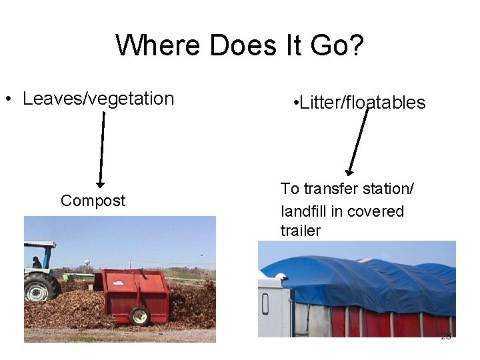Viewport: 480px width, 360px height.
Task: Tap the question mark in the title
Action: click(355, 45)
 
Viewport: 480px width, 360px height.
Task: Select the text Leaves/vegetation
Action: click(98, 99)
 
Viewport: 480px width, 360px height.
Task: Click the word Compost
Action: click(93, 201)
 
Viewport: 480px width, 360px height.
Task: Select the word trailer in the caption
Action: click(300, 231)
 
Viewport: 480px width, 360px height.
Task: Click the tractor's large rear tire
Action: click(41, 288)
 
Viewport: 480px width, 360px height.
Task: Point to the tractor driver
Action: click(37, 263)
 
